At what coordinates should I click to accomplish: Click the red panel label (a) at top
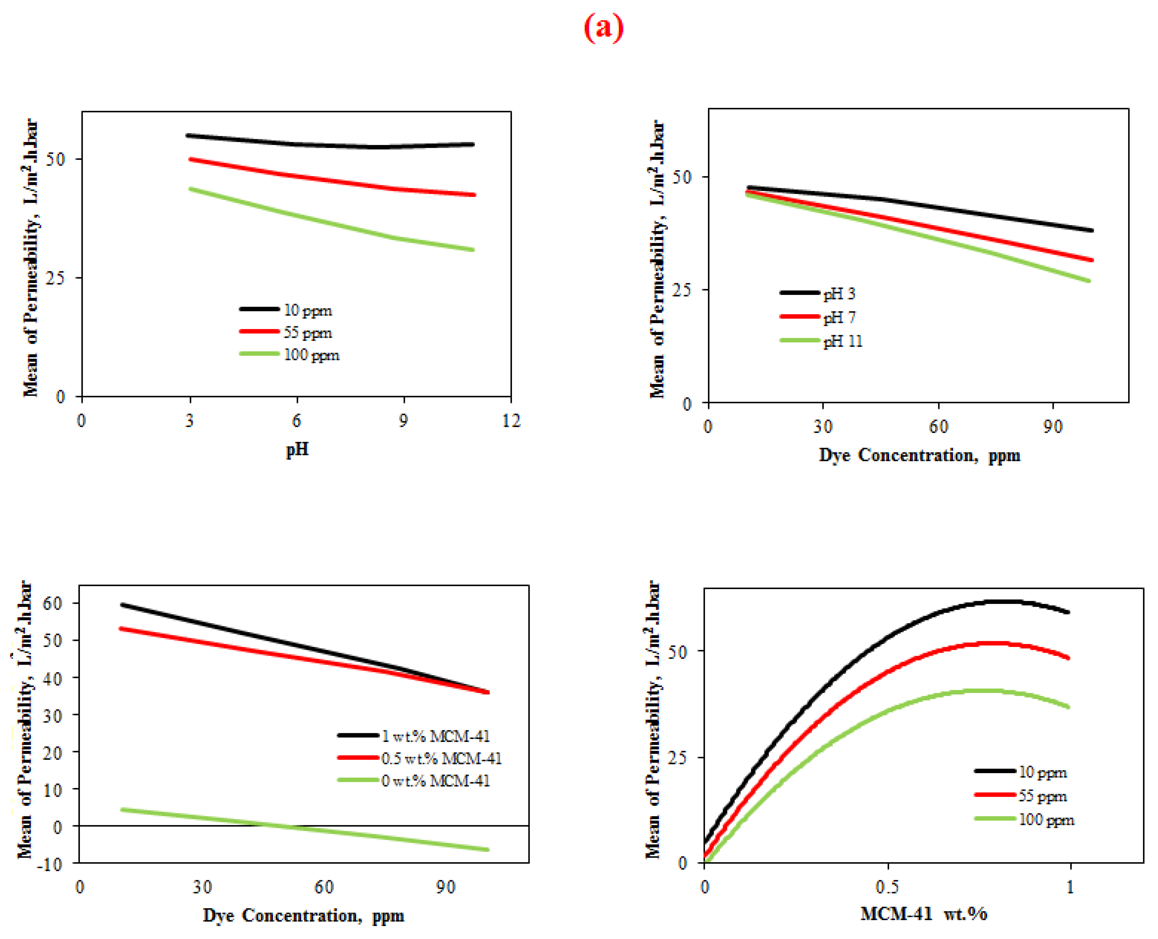pyautogui.click(x=603, y=27)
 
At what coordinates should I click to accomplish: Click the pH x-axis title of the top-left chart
pyautogui.click(x=297, y=449)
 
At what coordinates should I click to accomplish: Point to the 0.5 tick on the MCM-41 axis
pyautogui.click(x=887, y=887)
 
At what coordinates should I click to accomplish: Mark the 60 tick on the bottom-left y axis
pyautogui.click(x=53, y=603)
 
